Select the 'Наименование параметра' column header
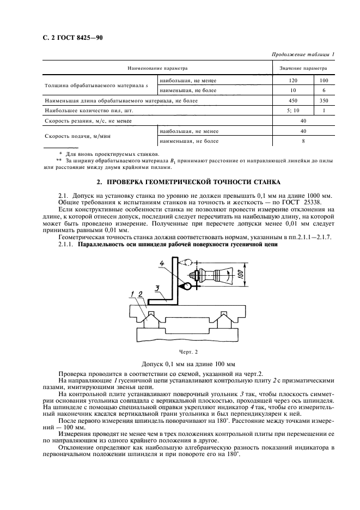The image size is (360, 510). (x=157, y=69)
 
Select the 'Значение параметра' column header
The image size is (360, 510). (x=303, y=69)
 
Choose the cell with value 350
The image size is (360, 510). (x=324, y=101)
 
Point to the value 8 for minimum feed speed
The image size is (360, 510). (x=303, y=141)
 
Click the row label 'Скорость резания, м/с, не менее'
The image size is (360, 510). (x=88, y=121)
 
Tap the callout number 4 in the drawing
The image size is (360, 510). (x=162, y=264)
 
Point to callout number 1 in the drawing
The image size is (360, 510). (x=132, y=294)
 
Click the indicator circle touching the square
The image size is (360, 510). (x=186, y=284)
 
